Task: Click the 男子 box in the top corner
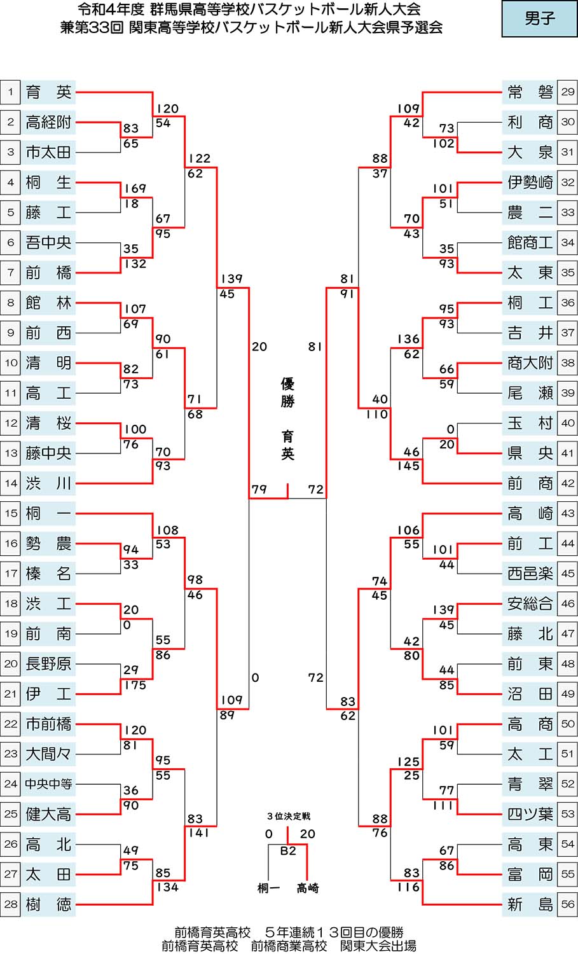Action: coord(539,19)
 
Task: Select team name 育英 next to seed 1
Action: coord(48,92)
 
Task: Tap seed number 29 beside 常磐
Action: coord(567,92)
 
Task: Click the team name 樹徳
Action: coord(48,904)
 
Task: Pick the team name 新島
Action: coord(530,904)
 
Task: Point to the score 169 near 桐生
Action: coord(135,188)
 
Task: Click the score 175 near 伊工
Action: coord(135,685)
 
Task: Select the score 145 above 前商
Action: coord(408,466)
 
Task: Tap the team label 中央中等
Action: coord(48,784)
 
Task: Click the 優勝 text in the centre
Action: coord(288,392)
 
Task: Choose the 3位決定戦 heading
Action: coord(288,816)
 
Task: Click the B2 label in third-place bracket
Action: coord(288,850)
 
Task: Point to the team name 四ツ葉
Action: coord(530,814)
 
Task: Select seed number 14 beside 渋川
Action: coord(10,483)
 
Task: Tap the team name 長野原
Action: coord(48,664)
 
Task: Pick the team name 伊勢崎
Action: coord(530,183)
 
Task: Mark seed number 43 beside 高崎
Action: coord(567,513)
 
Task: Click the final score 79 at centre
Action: coord(259,490)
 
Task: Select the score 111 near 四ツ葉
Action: coord(443,805)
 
